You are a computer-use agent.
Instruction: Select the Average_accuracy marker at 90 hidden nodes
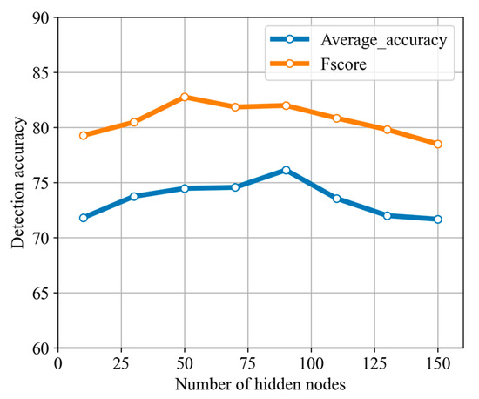click(286, 170)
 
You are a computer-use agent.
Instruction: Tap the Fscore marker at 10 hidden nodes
click(84, 135)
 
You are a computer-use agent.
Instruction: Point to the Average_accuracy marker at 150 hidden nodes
click(437, 219)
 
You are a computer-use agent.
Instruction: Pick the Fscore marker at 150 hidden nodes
click(437, 144)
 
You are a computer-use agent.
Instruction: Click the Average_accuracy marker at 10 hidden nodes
click(84, 217)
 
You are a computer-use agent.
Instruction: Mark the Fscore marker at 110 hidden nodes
click(336, 118)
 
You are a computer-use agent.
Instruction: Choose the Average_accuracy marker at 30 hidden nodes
click(134, 196)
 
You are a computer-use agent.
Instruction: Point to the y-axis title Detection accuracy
click(17, 183)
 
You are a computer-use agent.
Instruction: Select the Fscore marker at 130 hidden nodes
click(387, 129)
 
